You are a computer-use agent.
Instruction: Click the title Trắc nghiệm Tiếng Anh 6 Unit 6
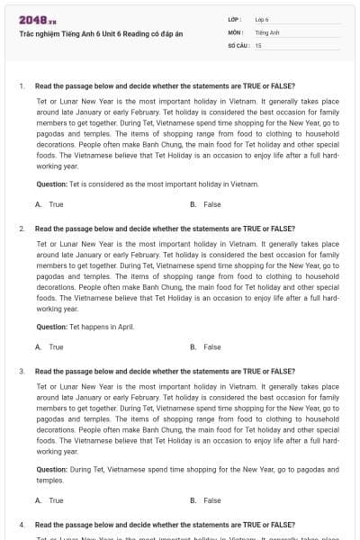(x=101, y=33)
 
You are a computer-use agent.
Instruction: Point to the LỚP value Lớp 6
(x=262, y=19)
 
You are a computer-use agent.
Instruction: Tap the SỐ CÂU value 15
(x=258, y=44)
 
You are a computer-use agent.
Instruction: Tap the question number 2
(x=21, y=229)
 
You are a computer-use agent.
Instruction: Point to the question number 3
(x=21, y=371)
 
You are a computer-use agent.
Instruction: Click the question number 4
(x=21, y=524)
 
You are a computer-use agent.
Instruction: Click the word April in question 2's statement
(x=125, y=327)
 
